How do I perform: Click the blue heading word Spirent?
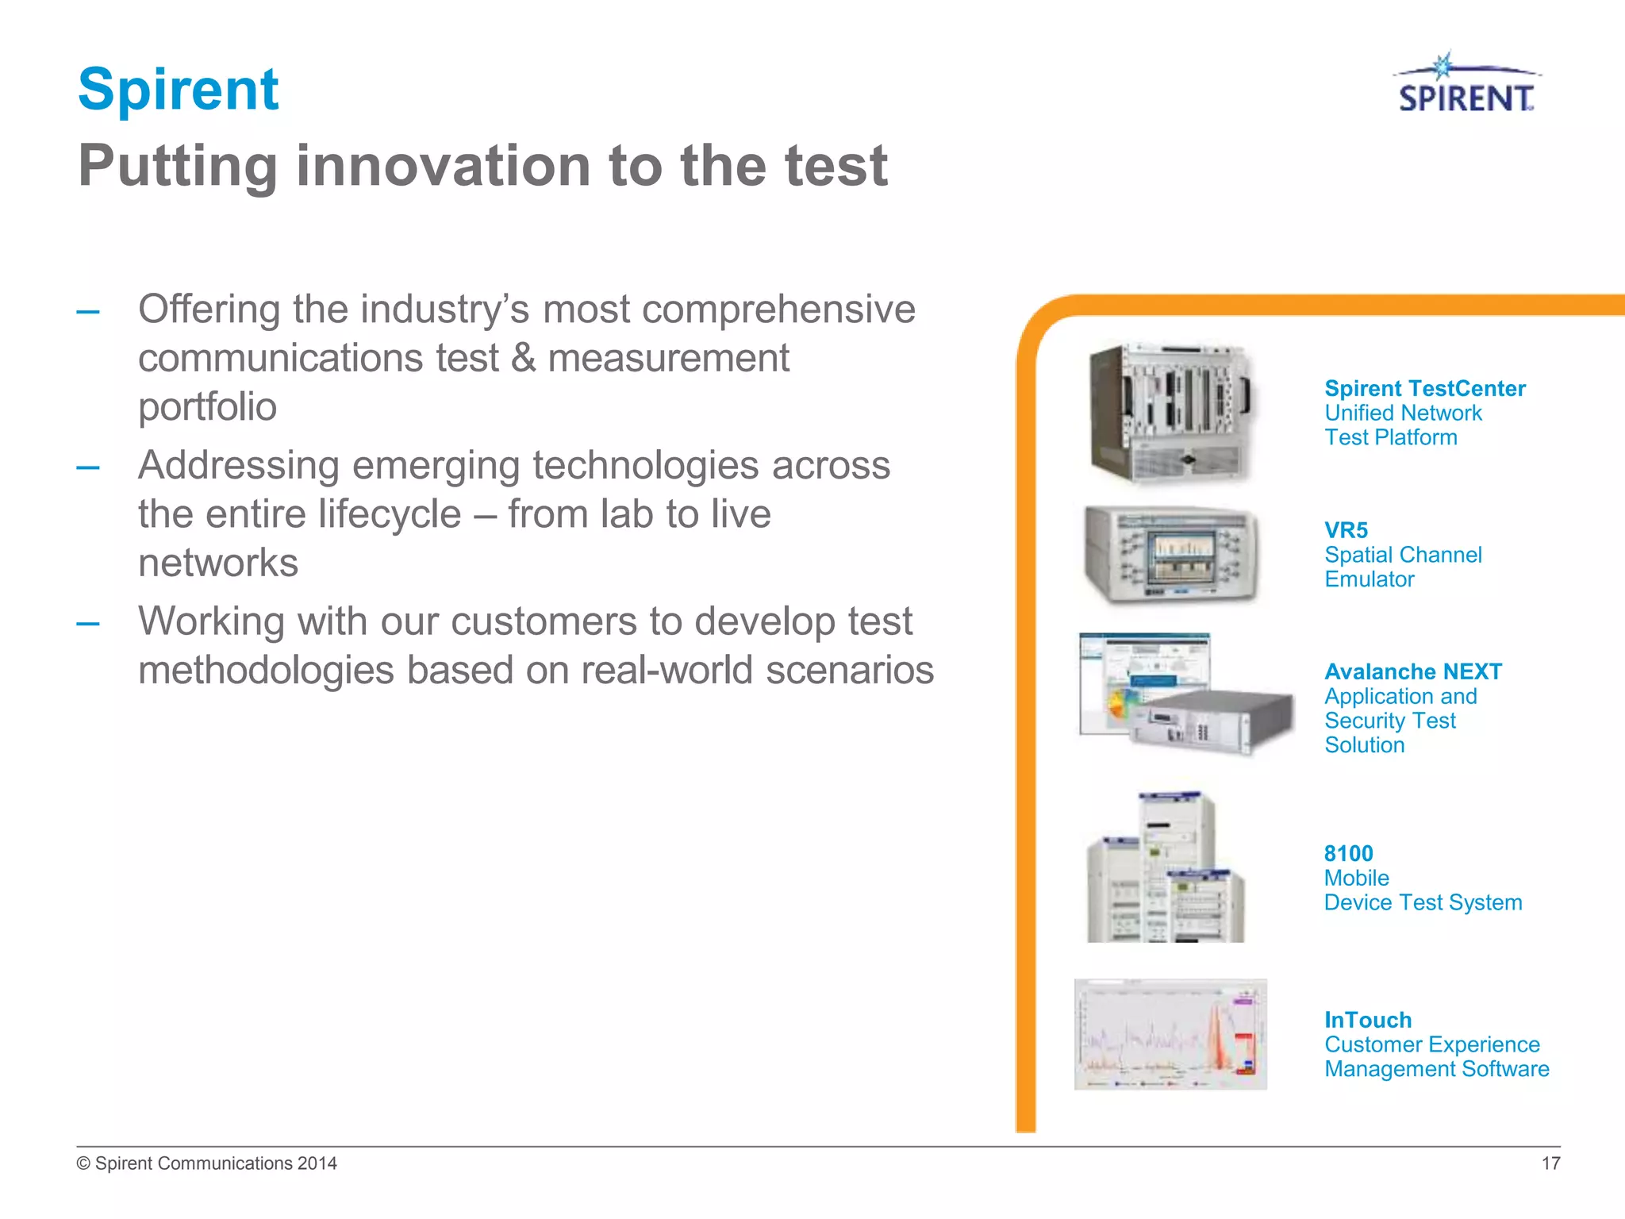179,89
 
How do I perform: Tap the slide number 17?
1550,1163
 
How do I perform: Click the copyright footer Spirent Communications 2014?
207,1163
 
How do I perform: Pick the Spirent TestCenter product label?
1424,389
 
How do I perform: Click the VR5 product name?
1346,530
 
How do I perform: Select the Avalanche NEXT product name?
1412,672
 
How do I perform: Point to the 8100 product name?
1348,854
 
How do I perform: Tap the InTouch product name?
1368,1021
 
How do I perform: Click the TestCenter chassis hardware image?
1169,413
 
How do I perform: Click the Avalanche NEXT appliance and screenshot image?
1185,694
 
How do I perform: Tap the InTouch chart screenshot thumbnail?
1170,1034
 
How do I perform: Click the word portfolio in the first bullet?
207,407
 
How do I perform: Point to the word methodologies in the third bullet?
266,671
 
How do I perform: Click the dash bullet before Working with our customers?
88,624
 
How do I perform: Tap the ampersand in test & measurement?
524,359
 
